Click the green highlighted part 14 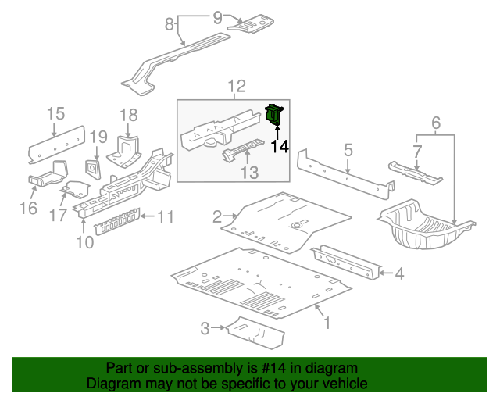[x=274, y=116]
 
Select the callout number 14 [x=279, y=146]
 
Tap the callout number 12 [x=237, y=87]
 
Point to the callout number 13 [x=248, y=172]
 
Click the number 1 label [x=327, y=322]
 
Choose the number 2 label [x=218, y=216]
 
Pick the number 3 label [x=205, y=329]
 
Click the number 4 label [x=399, y=273]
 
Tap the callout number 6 [x=436, y=122]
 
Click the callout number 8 [x=169, y=24]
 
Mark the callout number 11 [x=165, y=216]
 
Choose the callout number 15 [x=55, y=115]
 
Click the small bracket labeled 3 [x=255, y=332]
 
